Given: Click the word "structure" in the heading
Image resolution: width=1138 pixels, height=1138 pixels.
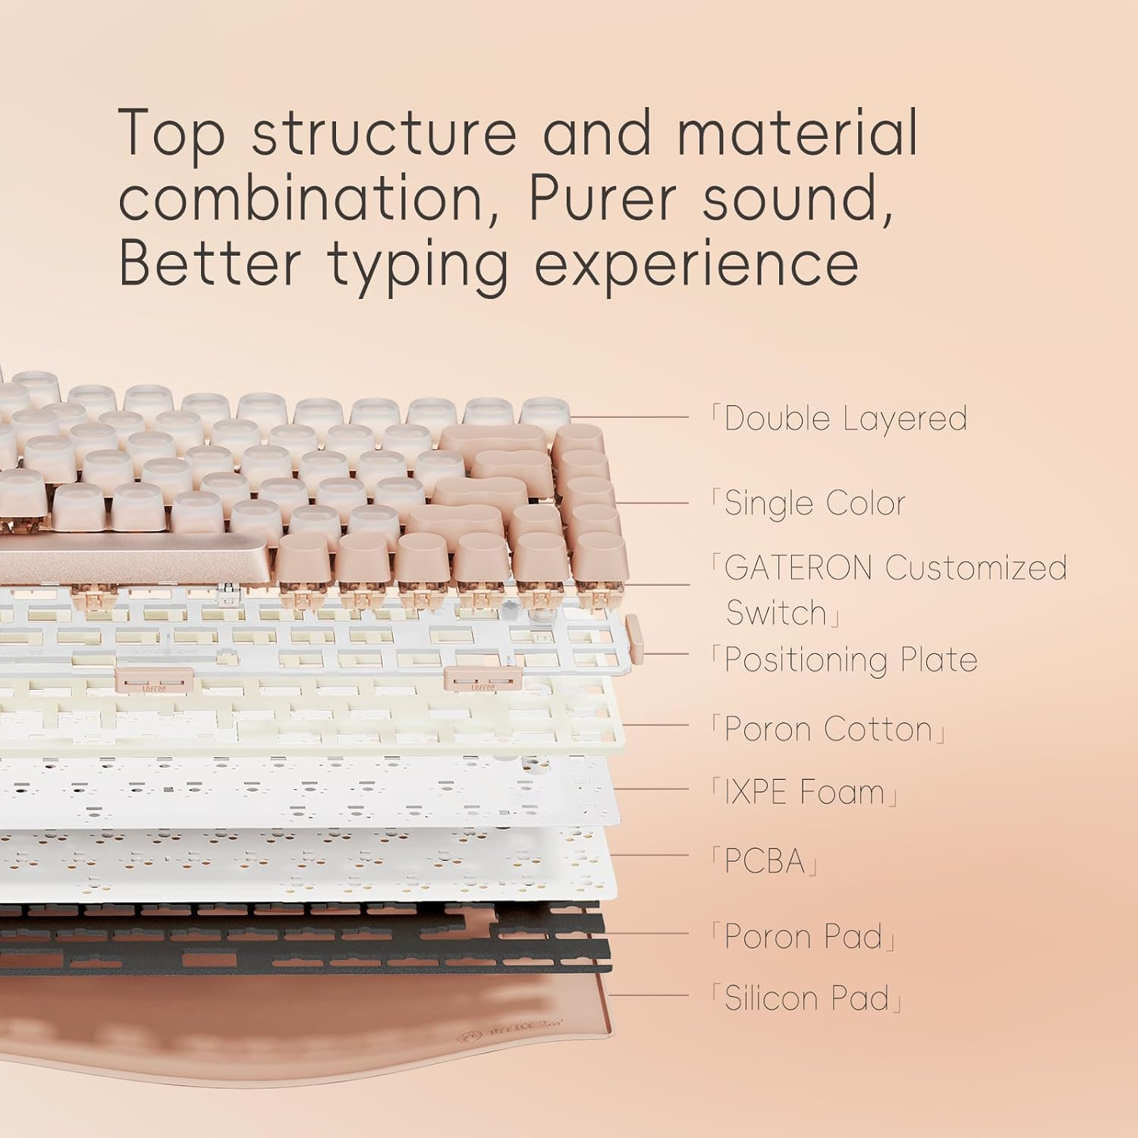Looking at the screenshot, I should (x=385, y=133).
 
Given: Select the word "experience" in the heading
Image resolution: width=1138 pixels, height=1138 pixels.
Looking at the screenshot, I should (x=696, y=264).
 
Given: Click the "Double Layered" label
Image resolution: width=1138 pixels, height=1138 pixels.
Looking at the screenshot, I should (x=845, y=419).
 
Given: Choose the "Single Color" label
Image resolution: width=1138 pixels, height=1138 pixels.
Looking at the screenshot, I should (x=815, y=503).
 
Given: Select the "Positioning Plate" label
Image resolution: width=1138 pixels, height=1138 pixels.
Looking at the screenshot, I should (x=850, y=659).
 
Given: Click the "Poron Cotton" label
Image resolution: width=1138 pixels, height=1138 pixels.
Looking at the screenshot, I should (x=828, y=729).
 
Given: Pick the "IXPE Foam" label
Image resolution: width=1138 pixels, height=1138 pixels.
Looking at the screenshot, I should (x=804, y=793).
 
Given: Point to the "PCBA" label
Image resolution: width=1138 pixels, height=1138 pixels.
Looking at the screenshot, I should (x=764, y=861).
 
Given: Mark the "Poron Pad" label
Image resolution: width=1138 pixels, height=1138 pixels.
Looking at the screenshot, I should (x=803, y=936).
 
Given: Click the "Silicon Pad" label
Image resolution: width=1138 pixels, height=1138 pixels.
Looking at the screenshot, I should (x=806, y=998).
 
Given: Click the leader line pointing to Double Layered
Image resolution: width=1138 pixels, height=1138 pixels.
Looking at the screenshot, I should (x=630, y=417).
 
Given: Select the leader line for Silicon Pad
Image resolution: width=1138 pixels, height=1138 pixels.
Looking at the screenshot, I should (x=649, y=995).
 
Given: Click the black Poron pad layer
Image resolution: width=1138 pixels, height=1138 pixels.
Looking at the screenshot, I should (x=303, y=941).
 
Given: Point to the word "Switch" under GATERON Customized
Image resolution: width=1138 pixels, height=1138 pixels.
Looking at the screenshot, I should (x=776, y=613).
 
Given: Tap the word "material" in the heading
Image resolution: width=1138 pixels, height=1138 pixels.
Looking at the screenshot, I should (x=797, y=133).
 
